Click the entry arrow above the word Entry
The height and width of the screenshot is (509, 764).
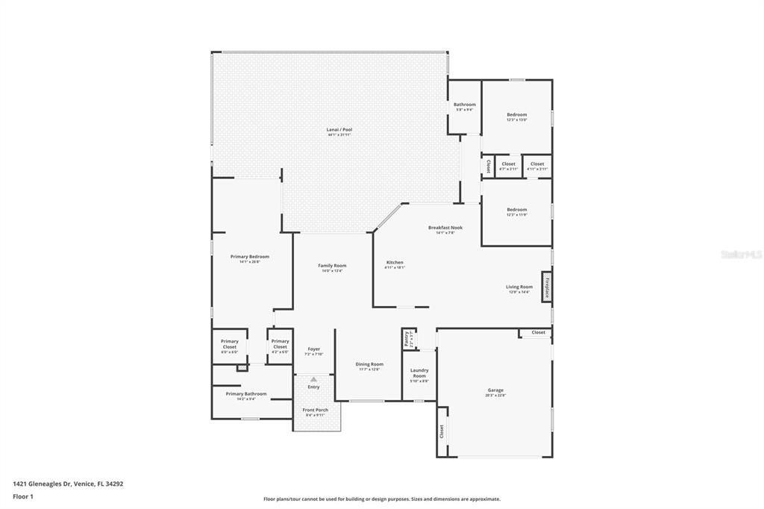(313, 379)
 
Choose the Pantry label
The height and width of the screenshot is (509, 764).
(407, 340)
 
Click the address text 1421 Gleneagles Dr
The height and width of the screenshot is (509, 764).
(68, 483)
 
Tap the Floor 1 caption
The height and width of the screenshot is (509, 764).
(23, 496)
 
